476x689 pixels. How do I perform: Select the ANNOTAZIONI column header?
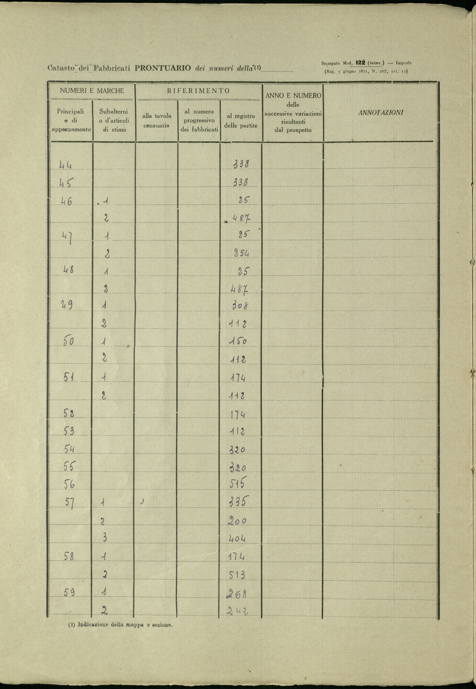[x=381, y=113]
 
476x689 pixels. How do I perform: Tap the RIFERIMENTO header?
[x=198, y=91]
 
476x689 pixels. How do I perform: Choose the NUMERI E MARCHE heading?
[x=92, y=91]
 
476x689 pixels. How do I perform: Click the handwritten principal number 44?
[x=66, y=165]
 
